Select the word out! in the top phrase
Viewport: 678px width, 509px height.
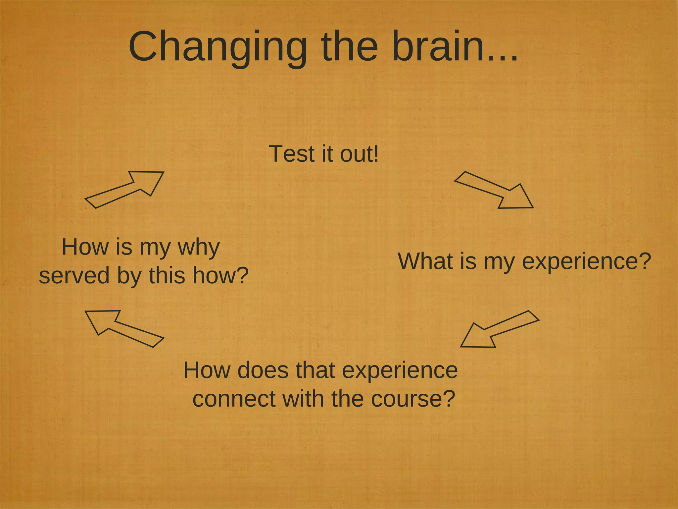[359, 154]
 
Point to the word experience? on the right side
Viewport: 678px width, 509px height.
[586, 262]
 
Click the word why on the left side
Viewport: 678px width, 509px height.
[199, 248]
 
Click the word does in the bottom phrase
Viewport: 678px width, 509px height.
[263, 370]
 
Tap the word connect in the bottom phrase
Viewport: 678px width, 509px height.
[234, 399]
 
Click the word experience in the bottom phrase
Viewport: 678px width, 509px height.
[400, 371]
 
